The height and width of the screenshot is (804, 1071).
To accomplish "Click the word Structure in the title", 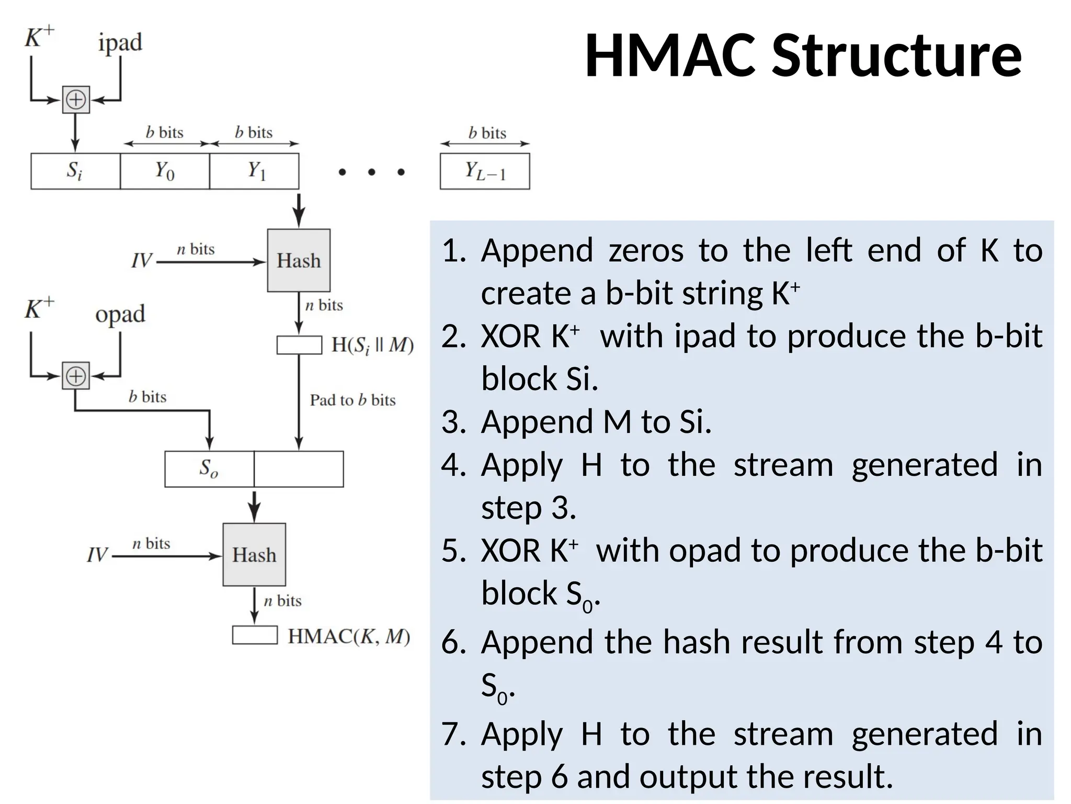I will click(x=896, y=56).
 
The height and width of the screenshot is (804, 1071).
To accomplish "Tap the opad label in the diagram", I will click(x=120, y=315).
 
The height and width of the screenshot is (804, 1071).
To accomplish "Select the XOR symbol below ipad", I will click(x=76, y=99).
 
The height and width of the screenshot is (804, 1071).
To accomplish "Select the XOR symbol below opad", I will click(x=76, y=375).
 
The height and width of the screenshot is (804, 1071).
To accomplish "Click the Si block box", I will click(x=75, y=171).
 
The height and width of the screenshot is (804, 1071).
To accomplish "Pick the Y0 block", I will click(x=165, y=171).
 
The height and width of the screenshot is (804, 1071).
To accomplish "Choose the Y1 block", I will click(x=254, y=171).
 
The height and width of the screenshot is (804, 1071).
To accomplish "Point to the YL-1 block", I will click(x=485, y=171).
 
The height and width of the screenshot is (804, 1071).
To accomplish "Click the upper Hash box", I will click(x=299, y=260).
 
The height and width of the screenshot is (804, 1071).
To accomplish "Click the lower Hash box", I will click(x=254, y=554).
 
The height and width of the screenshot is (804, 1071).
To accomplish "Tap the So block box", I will click(x=209, y=469).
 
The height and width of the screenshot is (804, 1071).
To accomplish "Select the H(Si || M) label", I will click(x=372, y=345).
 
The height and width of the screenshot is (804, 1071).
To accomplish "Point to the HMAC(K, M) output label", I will click(x=349, y=636).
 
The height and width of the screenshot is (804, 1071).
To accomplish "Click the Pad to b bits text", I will click(x=352, y=400).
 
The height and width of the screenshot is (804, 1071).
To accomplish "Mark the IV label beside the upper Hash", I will click(x=141, y=261).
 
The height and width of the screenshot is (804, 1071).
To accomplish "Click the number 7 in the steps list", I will click(x=453, y=734).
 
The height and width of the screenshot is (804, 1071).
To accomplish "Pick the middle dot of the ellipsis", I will click(x=371, y=172).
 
